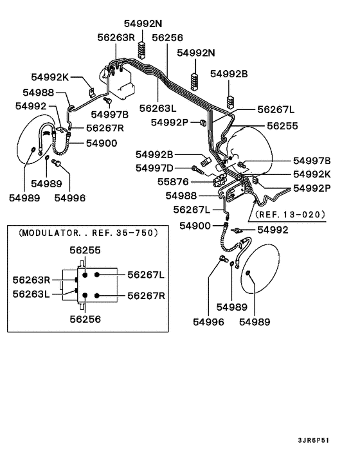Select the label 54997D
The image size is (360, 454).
pos(154,168)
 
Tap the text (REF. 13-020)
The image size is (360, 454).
pos(290,214)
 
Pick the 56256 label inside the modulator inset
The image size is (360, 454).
pos(85,318)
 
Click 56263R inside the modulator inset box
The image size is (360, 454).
pos(32,280)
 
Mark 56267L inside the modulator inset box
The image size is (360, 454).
pos(146,275)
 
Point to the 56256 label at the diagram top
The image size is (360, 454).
pos(166,37)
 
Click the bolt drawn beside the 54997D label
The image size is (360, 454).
pos(199,169)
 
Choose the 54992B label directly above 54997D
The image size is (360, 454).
pos(154,154)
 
